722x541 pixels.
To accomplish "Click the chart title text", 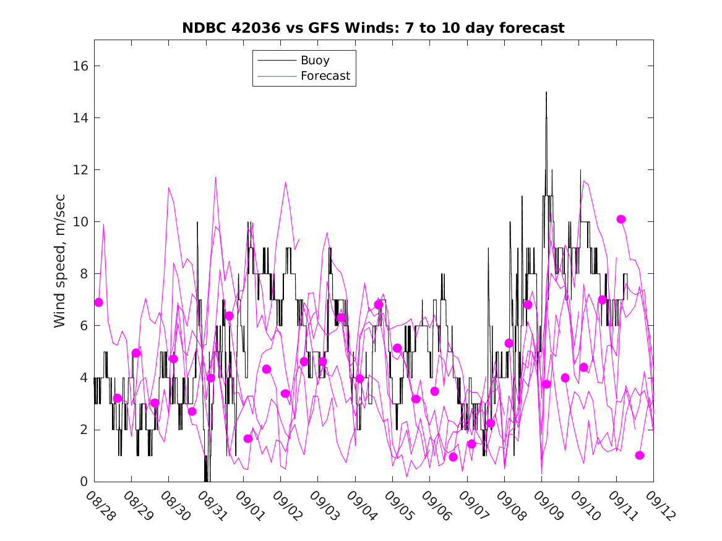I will pyautogui.click(x=373, y=28).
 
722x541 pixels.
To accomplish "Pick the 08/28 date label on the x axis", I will pyautogui.click(x=100, y=506).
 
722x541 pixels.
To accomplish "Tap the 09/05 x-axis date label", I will pyautogui.click(x=398, y=506).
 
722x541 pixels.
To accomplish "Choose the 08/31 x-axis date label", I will pyautogui.click(x=212, y=506).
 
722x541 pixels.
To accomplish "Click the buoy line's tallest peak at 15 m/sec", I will pyautogui.click(x=546, y=93).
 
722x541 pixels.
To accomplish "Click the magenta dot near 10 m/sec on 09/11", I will pyautogui.click(x=621, y=219).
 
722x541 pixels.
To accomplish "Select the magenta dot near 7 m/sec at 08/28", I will pyautogui.click(x=98, y=302).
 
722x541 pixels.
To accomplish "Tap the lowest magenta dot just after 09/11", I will pyautogui.click(x=640, y=456).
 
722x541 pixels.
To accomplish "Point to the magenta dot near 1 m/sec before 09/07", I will pyautogui.click(x=453, y=457).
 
